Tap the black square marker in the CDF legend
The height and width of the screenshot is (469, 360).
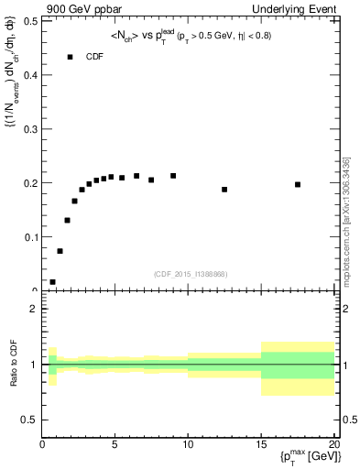click(x=70, y=57)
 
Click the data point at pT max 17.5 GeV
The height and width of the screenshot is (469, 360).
click(x=298, y=184)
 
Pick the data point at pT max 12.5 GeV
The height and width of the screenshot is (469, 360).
click(x=224, y=190)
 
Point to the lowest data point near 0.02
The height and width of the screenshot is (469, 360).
click(x=52, y=282)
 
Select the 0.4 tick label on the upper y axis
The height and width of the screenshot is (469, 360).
click(x=30, y=74)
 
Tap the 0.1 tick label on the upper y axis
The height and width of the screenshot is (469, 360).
click(x=30, y=236)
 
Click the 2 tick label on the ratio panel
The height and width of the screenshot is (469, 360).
click(x=34, y=309)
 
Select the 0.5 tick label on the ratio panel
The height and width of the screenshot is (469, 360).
click(x=30, y=420)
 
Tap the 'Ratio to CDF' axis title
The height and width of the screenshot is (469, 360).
click(x=15, y=365)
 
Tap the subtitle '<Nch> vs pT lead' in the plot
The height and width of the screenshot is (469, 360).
click(x=191, y=37)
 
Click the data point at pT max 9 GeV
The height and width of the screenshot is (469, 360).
click(x=173, y=176)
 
